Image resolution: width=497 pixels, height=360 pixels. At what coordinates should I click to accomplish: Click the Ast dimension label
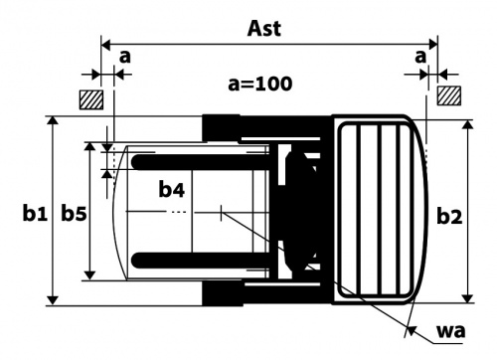pos(264,29)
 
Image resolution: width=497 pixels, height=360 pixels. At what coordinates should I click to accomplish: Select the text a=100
pos(260,84)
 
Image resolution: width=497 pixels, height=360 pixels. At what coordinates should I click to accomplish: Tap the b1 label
pos(35,214)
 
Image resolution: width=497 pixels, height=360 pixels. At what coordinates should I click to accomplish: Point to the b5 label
pos(74,214)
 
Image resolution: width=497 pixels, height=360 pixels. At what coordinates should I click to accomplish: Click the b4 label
pos(172,190)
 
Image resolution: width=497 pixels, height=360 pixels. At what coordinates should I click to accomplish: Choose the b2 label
pos(449,217)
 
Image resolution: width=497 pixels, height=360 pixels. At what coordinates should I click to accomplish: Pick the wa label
pos(451,331)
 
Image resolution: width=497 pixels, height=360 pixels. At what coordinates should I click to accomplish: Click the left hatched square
pos(91,99)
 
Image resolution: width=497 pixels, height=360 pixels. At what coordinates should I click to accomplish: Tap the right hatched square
pos(449,95)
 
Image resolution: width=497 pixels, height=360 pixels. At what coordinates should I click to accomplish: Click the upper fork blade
pos(202,162)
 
